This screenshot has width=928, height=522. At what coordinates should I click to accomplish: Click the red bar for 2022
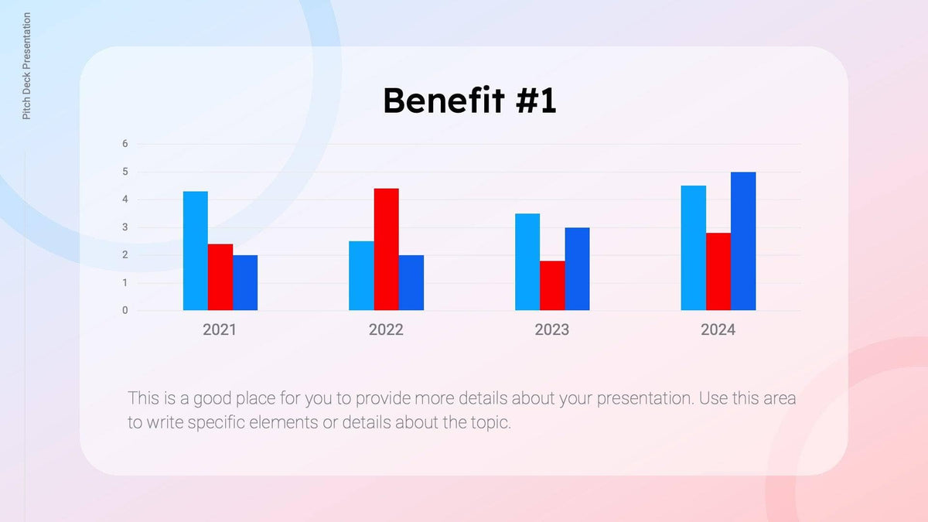386,249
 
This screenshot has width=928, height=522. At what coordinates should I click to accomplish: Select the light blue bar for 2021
195,251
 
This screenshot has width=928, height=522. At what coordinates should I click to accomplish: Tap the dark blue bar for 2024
743,241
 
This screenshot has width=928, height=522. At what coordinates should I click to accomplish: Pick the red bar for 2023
552,285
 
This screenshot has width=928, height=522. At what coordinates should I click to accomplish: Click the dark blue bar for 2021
245,283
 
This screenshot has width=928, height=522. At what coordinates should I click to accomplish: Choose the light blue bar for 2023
527,261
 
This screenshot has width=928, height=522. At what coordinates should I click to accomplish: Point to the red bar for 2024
718,271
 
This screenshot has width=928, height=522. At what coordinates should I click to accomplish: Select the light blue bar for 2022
361,275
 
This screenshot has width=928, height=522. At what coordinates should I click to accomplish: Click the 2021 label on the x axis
220,330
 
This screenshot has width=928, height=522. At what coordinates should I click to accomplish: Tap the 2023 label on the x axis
551,330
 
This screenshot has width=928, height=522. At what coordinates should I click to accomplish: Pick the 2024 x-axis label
718,330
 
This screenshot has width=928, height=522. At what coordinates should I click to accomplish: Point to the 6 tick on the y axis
125,144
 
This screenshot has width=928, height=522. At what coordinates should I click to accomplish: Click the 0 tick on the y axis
125,311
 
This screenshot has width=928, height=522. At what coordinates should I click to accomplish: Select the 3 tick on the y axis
125,227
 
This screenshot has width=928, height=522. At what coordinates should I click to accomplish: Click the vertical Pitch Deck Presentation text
27,66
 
